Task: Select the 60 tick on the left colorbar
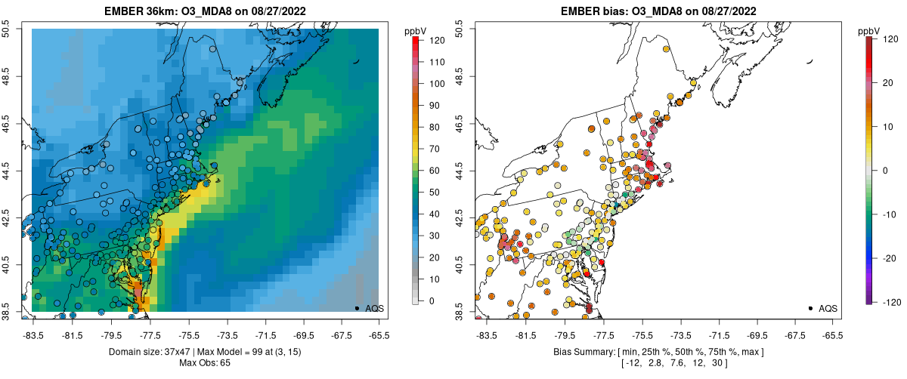tap(429, 171)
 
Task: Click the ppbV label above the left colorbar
tap(415, 31)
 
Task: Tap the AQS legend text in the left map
tap(375, 308)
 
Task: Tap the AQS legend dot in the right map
tap(809, 308)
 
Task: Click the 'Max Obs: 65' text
tap(204, 364)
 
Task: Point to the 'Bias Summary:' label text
tap(578, 353)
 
